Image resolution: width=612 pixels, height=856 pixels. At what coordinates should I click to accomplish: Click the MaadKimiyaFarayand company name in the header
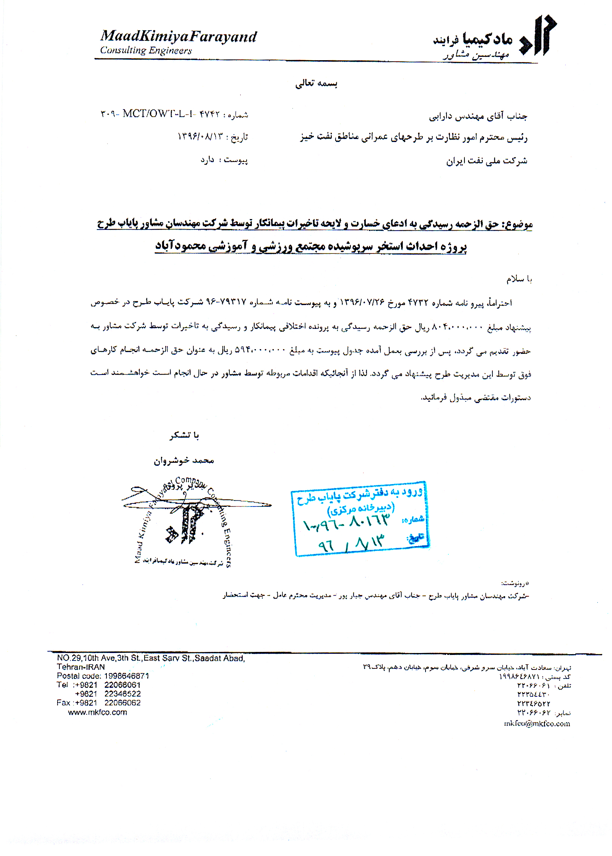click(x=178, y=37)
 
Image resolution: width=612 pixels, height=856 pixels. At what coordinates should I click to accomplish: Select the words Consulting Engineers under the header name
click(x=146, y=50)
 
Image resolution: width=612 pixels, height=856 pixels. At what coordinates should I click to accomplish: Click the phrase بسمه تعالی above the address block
click(x=316, y=83)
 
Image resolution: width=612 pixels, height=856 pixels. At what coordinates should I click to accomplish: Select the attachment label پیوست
click(x=235, y=160)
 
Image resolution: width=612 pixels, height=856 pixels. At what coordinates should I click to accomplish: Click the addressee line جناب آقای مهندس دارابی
click(x=477, y=117)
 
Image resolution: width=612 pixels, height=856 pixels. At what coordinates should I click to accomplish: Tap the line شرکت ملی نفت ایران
click(x=486, y=161)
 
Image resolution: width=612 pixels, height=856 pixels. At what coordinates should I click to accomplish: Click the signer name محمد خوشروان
click(x=183, y=460)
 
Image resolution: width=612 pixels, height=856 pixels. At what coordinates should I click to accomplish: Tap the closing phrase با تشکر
click(x=184, y=436)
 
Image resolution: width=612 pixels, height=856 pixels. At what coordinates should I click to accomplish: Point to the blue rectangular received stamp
click(x=360, y=518)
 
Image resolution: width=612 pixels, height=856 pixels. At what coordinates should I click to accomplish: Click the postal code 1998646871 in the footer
click(x=126, y=676)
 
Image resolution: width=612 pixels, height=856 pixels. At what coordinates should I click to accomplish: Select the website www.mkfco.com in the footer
click(x=97, y=712)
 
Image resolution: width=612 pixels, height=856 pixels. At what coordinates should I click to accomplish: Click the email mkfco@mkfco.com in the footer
click(x=537, y=723)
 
